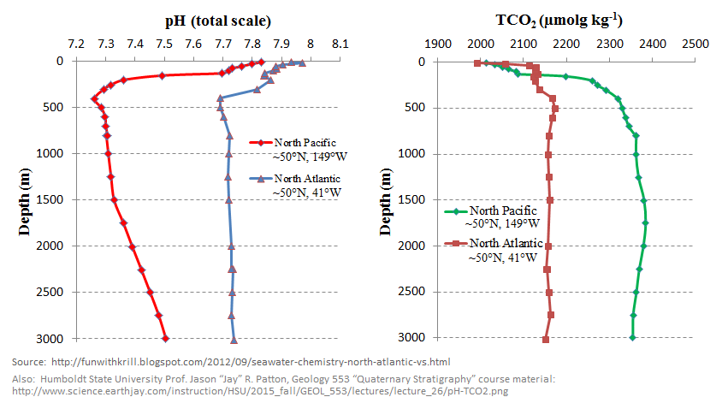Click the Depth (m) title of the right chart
pos(384,198)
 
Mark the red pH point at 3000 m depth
pos(165,339)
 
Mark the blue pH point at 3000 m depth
pos(234,339)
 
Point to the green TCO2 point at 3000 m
pos(632,338)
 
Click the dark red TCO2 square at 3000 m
pos(546,340)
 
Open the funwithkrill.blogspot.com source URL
pos(249,362)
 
